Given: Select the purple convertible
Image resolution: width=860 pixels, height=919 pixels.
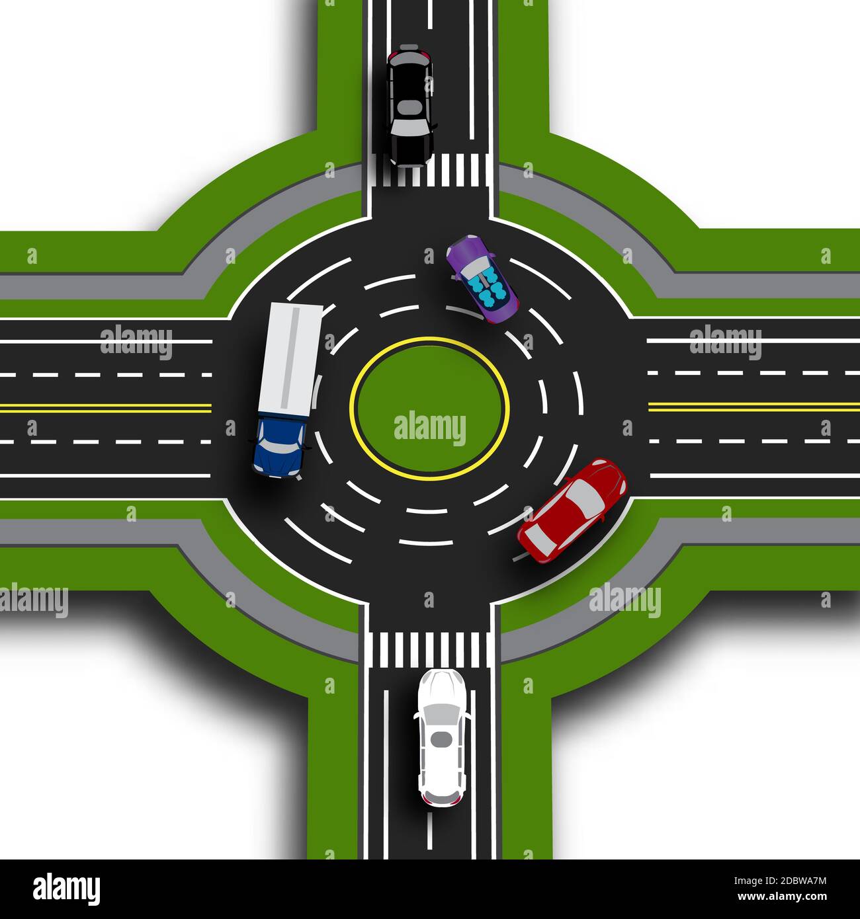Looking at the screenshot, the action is coord(483,279).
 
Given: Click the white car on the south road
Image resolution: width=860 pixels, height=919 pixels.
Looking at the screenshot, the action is coord(441,737).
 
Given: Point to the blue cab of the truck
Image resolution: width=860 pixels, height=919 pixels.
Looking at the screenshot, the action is coord(279,445).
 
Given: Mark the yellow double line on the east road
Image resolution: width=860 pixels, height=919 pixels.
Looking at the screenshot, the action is coord(754,406).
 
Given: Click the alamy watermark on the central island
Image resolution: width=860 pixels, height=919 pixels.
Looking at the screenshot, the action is coord(429,428).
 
